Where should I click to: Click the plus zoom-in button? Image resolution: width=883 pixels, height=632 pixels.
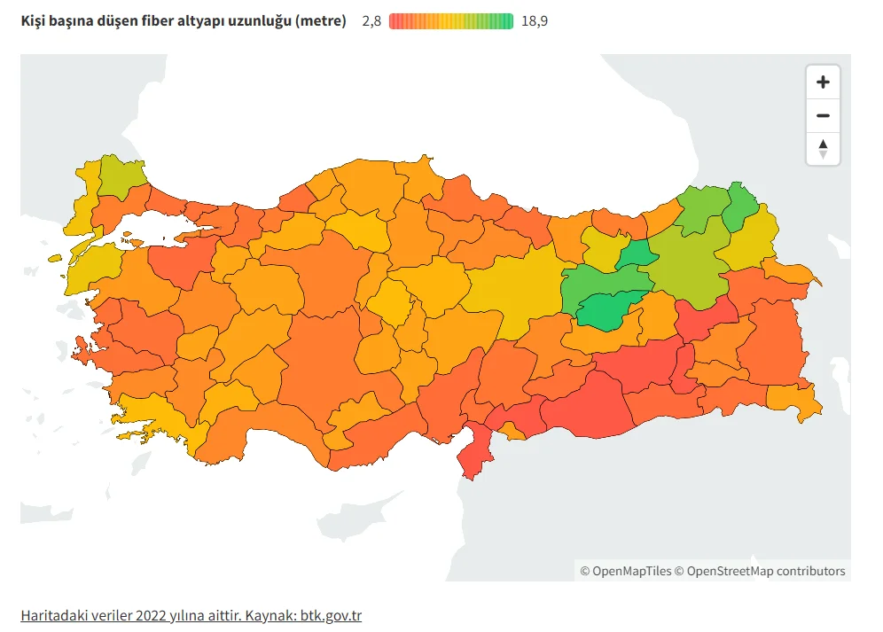tap(823, 82)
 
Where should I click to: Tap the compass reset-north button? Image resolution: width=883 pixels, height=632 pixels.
tap(823, 149)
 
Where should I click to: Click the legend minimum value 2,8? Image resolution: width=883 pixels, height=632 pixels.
tap(371, 21)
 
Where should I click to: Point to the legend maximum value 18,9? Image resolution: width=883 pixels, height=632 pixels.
tap(535, 21)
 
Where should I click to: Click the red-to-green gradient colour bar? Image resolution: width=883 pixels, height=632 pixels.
tap(451, 21)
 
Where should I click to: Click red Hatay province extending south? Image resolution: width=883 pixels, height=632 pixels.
tap(478, 451)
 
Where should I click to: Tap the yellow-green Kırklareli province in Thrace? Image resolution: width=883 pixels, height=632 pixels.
tap(121, 176)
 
